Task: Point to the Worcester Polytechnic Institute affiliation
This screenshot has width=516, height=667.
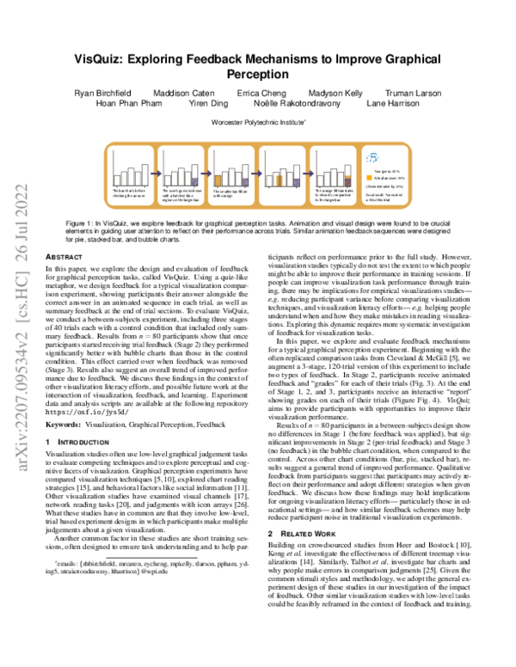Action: pos(257,124)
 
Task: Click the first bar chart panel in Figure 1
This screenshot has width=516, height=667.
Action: pos(130,173)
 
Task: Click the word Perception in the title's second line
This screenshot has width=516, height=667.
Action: pos(257,75)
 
